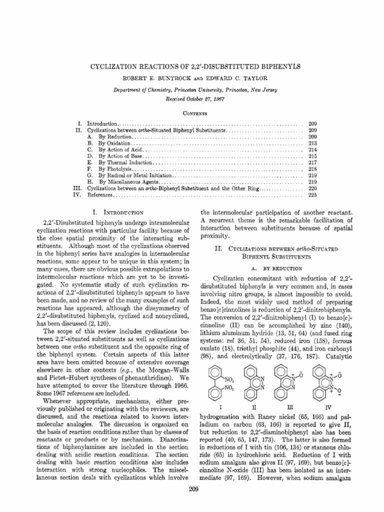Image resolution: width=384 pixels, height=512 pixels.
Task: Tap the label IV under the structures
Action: click(x=328, y=407)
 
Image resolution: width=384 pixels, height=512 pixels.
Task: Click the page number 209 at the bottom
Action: click(x=192, y=488)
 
